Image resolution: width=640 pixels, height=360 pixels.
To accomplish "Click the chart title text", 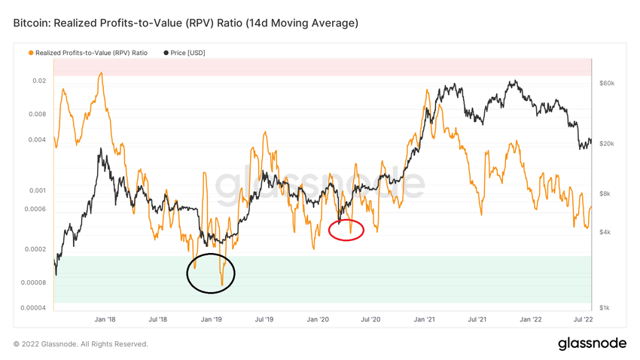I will point(185,23).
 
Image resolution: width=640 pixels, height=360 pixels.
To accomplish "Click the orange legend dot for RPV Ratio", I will point(30,53).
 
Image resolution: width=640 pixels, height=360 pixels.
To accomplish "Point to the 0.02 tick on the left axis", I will point(39,81).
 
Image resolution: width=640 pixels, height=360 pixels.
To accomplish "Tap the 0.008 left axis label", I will point(36,114).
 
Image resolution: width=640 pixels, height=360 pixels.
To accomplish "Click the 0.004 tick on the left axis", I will point(36,139).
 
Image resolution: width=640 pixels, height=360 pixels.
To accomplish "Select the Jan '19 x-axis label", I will point(211,319).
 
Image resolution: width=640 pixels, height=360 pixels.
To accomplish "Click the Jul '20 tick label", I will point(370,319).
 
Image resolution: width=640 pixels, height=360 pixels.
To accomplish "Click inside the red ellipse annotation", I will point(347,230).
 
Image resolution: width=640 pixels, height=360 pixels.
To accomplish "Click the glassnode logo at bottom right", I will point(592,344).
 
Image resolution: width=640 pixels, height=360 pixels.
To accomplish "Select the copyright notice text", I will point(81,344).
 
